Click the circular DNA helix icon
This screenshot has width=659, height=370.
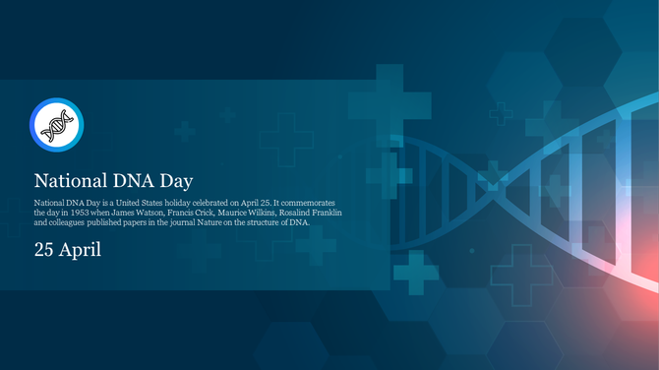(56, 125)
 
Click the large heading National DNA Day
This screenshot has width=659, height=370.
(113, 181)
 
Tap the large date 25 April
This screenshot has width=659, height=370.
(68, 250)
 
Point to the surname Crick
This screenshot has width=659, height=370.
(203, 212)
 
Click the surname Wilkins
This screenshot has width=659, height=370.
(257, 212)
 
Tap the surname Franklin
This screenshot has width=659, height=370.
(328, 212)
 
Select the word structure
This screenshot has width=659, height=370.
(270, 222)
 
